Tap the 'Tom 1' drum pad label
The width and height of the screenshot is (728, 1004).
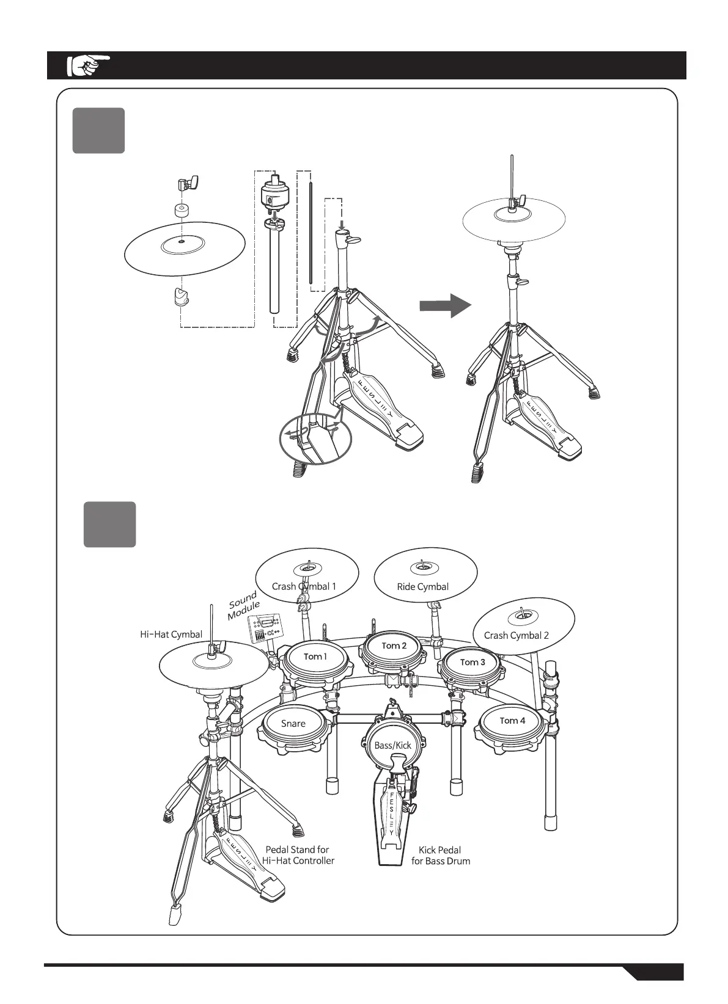click(x=315, y=657)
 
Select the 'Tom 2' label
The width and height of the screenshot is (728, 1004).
click(x=394, y=646)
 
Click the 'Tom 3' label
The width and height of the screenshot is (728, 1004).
click(x=472, y=662)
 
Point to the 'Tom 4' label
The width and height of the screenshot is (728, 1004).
click(x=512, y=721)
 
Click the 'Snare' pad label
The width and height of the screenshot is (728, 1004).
click(x=293, y=724)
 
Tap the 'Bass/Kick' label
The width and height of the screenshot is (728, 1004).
click(x=393, y=745)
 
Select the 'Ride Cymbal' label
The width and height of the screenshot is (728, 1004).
click(x=422, y=587)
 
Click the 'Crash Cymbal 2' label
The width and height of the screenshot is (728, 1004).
click(x=516, y=635)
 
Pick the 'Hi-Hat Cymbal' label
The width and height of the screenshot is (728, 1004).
click(x=171, y=635)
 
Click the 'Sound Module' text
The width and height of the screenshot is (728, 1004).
click(x=244, y=606)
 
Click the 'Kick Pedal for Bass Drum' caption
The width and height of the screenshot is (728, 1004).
click(x=440, y=855)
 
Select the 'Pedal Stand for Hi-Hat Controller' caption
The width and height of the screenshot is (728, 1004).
click(x=298, y=855)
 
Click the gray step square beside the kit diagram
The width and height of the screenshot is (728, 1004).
click(x=109, y=524)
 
